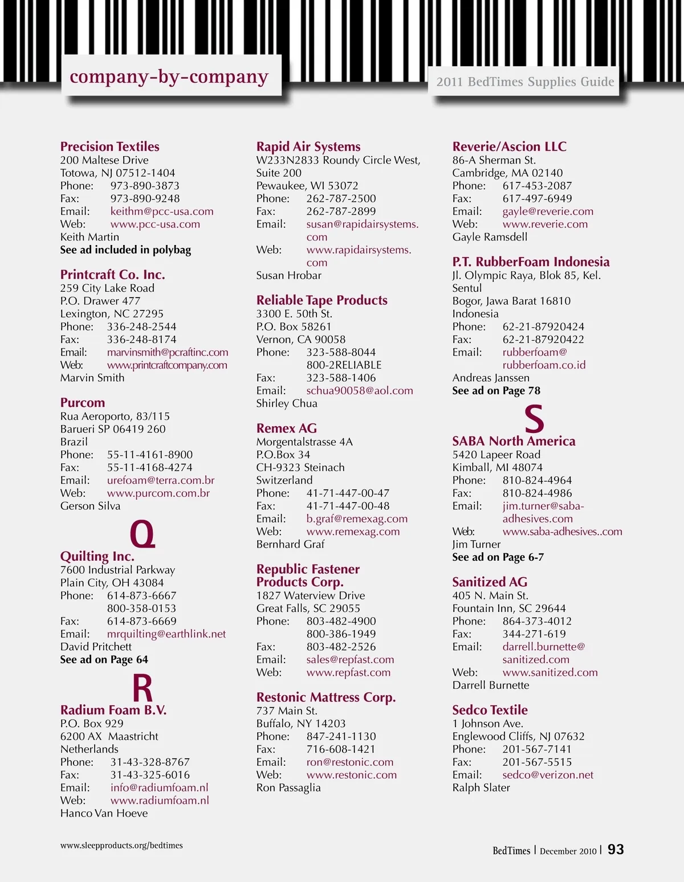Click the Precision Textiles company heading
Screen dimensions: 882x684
109,146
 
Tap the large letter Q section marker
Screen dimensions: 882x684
142,534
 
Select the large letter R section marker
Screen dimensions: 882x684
142,688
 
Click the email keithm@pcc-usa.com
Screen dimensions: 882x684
162,211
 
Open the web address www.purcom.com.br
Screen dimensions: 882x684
158,493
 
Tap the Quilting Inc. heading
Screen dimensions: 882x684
97,556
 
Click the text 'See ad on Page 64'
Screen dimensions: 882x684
104,660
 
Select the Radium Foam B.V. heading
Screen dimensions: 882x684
113,710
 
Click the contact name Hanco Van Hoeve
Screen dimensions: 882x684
104,814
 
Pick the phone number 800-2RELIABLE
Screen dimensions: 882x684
344,365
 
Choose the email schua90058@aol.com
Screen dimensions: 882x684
360,391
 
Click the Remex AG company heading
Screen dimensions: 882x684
286,428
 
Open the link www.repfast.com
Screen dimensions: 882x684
348,673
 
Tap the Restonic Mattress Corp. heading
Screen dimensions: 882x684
325,697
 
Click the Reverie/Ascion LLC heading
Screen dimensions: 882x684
509,146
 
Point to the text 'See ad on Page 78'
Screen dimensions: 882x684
496,391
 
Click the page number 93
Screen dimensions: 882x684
616,850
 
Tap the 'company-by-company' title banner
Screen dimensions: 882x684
169,76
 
